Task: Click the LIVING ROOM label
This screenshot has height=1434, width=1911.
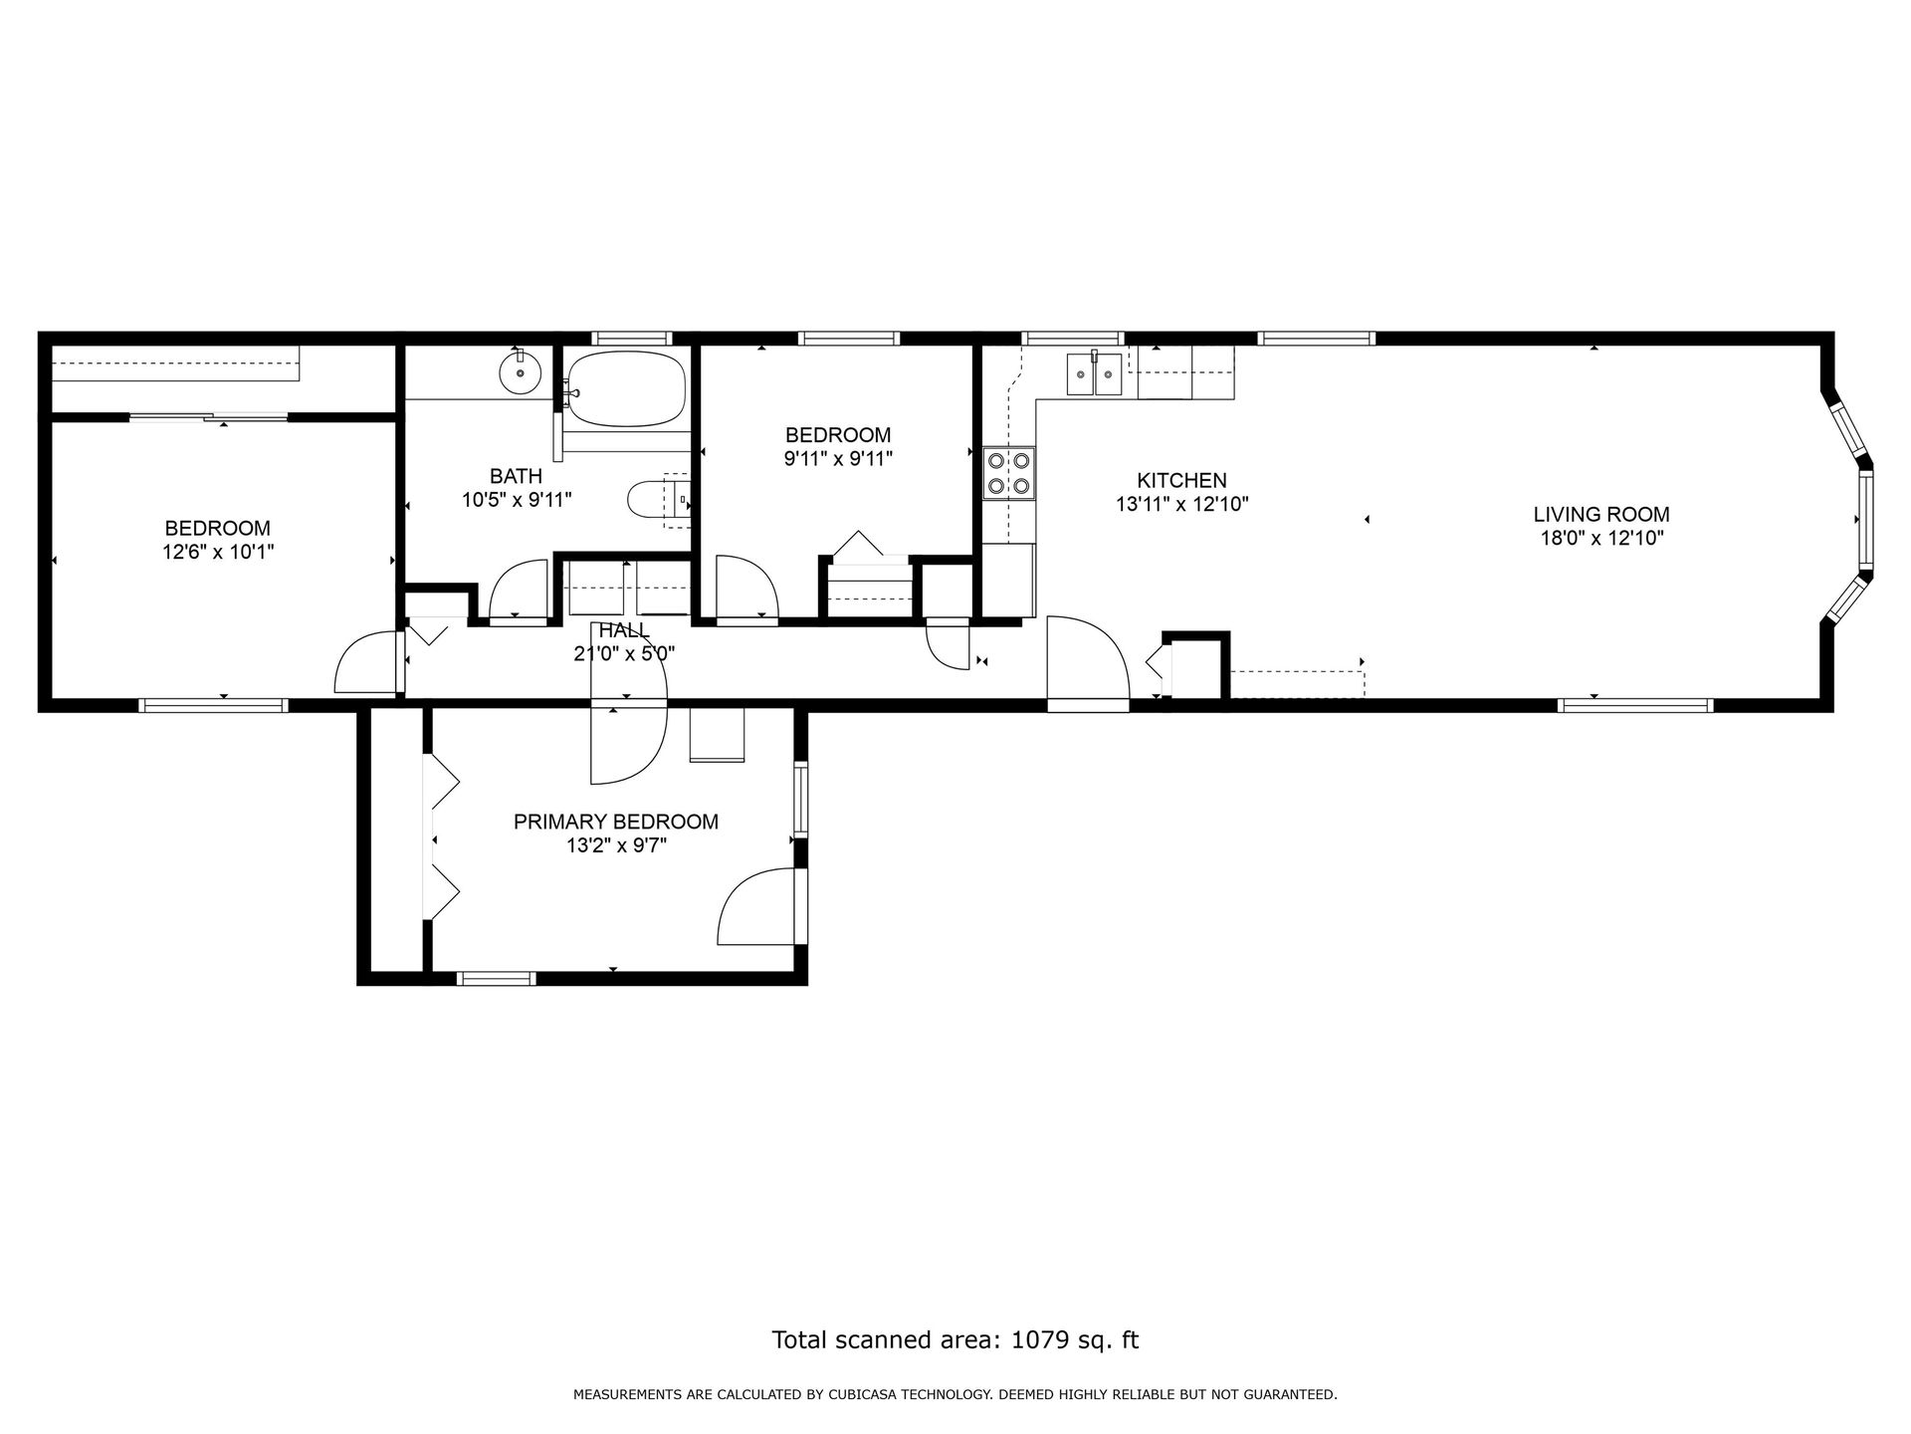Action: click(1601, 515)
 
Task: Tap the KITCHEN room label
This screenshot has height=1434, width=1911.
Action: click(1182, 481)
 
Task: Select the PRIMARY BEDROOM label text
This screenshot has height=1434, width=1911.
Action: click(616, 822)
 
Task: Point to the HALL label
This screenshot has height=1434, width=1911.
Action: click(624, 630)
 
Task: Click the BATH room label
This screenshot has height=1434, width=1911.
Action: click(516, 476)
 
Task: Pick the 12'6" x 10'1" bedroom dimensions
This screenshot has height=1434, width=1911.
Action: click(218, 551)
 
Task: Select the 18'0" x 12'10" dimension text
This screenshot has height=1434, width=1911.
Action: click(1601, 538)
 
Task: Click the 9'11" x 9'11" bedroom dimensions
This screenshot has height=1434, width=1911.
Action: click(838, 458)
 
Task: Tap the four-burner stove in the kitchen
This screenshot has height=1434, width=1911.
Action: click(1009, 473)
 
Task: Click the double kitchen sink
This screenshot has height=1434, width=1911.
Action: click(1095, 374)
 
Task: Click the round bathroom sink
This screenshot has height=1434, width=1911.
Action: click(519, 373)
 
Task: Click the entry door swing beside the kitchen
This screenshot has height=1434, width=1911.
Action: click(1088, 663)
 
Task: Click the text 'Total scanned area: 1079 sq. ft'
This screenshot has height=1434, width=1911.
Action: click(955, 1339)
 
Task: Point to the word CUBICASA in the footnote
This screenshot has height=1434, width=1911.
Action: click(862, 1395)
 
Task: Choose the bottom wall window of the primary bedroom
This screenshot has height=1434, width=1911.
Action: click(496, 978)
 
